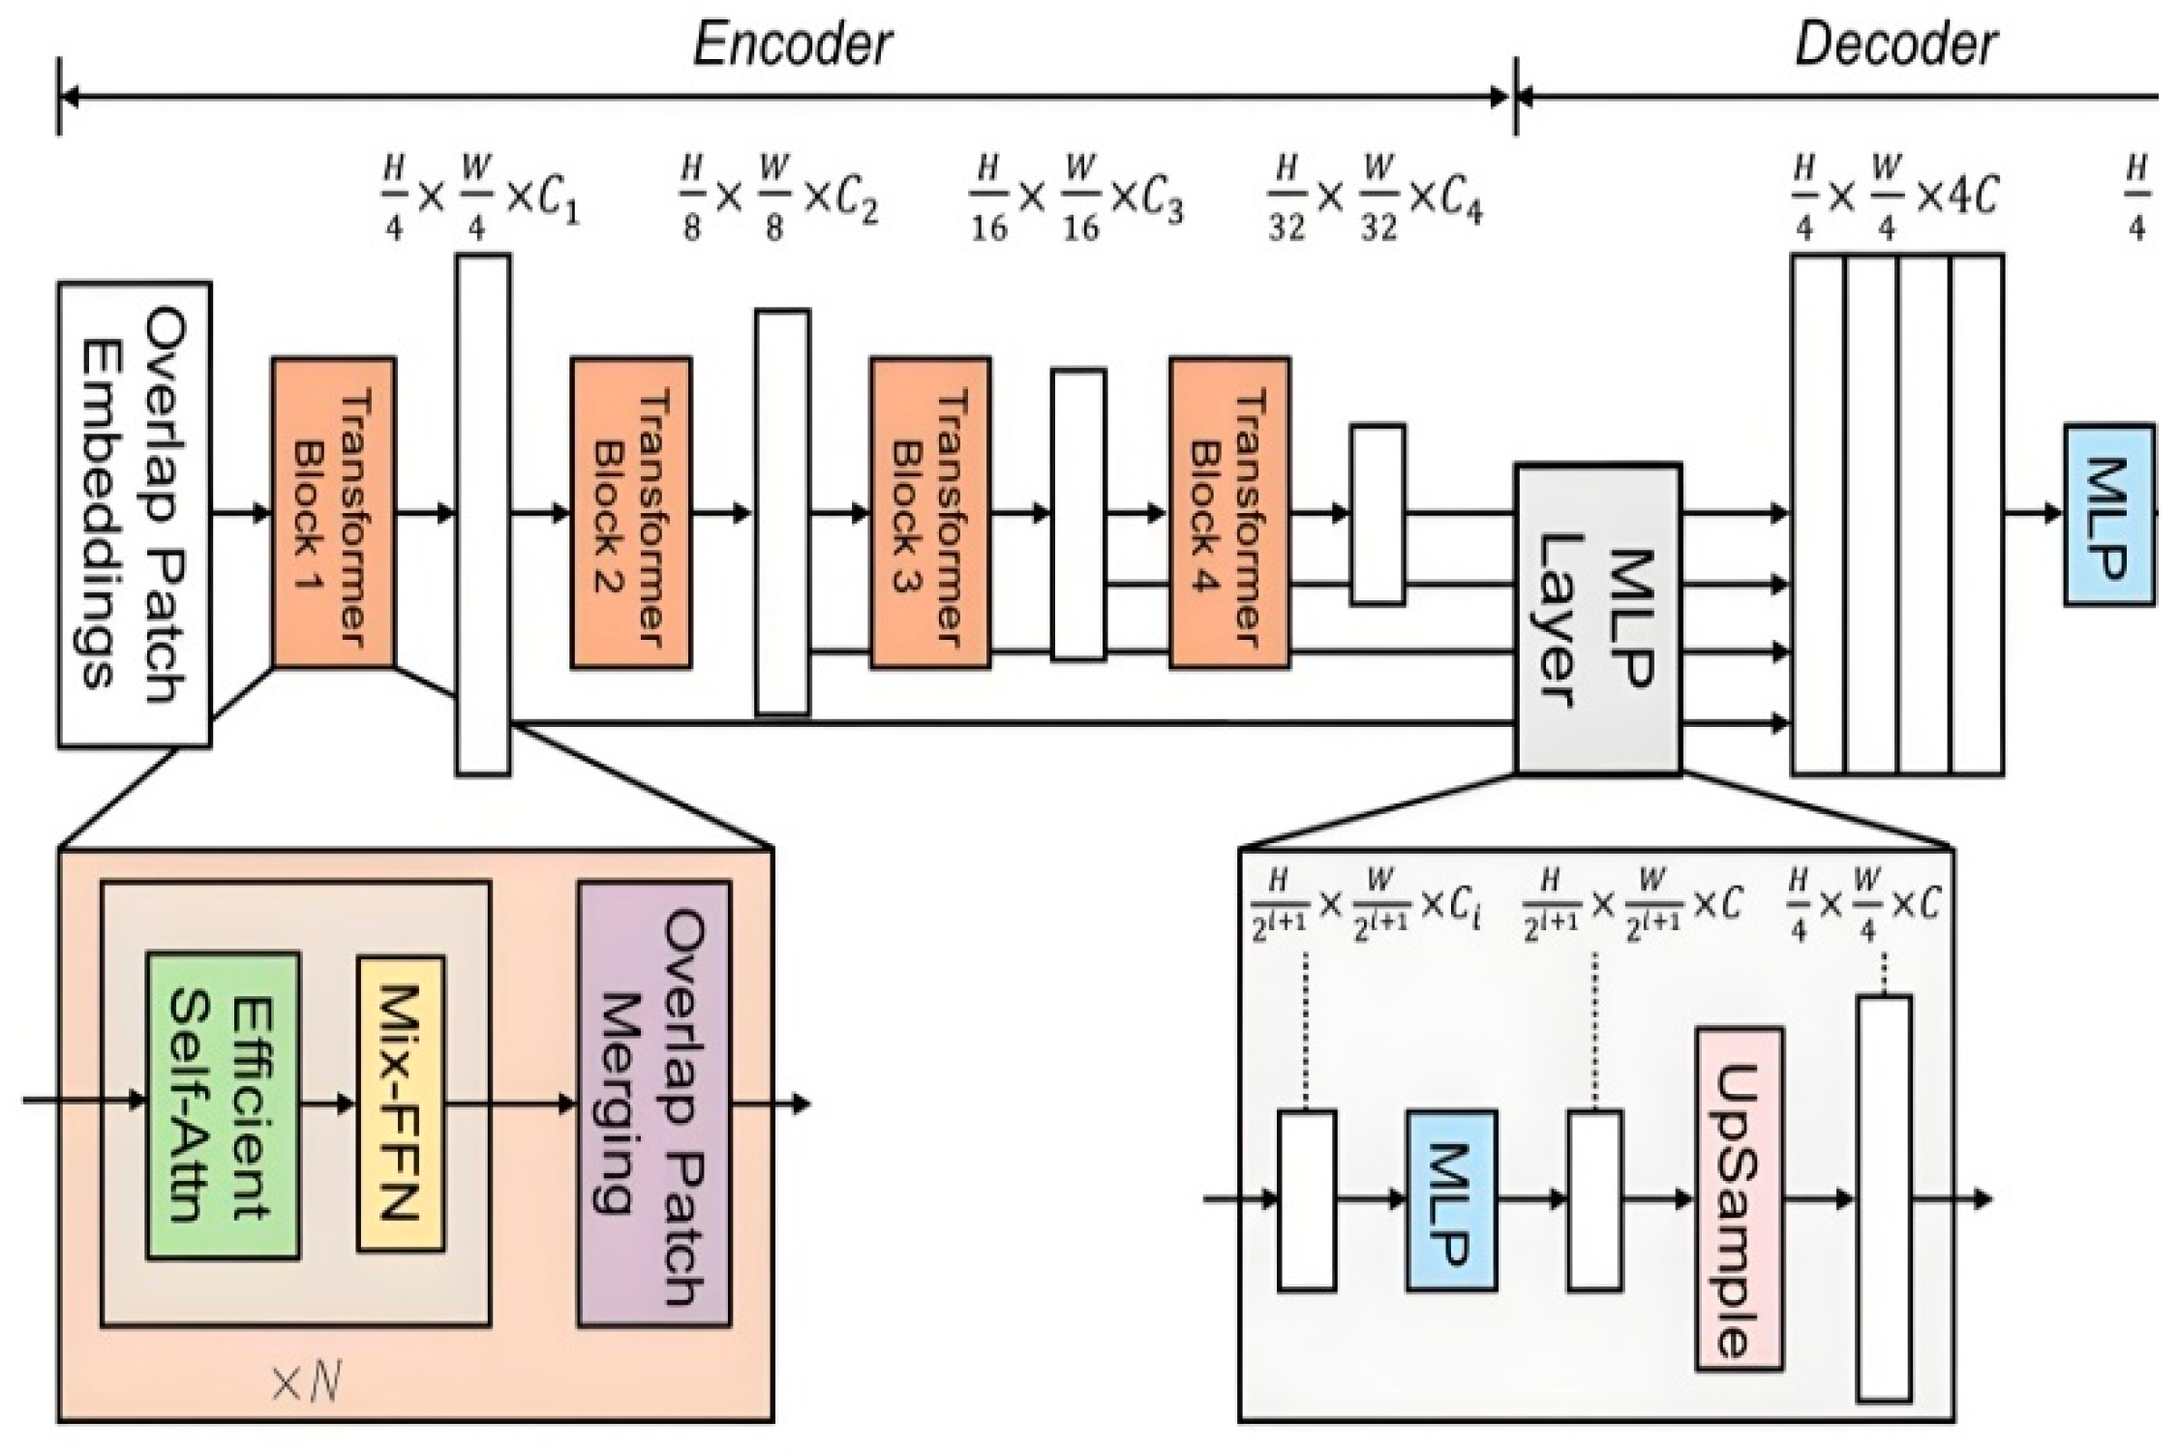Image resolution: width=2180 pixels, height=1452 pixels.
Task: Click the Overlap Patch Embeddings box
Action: tap(134, 514)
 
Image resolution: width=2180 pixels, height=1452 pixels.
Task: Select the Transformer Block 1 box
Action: tap(333, 513)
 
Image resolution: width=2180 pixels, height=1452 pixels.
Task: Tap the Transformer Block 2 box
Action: tap(631, 513)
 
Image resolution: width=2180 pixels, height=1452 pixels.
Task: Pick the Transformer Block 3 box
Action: tap(930, 513)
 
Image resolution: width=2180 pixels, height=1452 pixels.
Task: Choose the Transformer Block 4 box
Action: tap(1229, 513)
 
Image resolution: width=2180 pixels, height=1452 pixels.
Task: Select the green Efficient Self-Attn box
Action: tap(223, 1105)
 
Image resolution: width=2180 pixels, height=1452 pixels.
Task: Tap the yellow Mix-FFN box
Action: tap(400, 1104)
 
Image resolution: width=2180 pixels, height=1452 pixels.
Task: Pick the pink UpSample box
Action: tap(1739, 1199)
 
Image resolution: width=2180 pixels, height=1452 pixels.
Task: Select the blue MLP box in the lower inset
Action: tap(1451, 1200)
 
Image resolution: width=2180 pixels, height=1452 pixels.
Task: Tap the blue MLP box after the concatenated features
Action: tap(2108, 515)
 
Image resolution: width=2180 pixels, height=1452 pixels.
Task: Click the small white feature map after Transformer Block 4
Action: tap(1377, 514)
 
